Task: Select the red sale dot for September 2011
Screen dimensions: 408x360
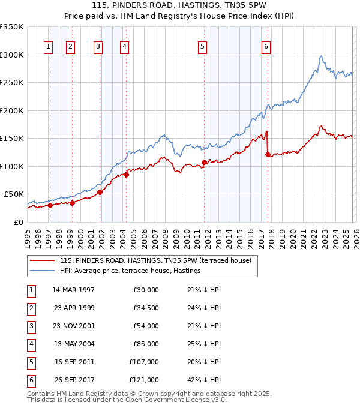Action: pos(204,162)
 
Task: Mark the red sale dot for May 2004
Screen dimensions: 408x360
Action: pos(127,175)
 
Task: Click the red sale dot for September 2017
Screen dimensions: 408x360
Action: pos(268,154)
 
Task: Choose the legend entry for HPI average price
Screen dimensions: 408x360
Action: pos(130,271)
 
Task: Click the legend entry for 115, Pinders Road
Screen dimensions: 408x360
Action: pos(142,260)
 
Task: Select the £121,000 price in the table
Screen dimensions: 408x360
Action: pos(144,380)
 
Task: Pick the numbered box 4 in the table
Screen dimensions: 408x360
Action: pos(31,344)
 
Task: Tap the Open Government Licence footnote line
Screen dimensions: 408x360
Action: pos(127,400)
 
